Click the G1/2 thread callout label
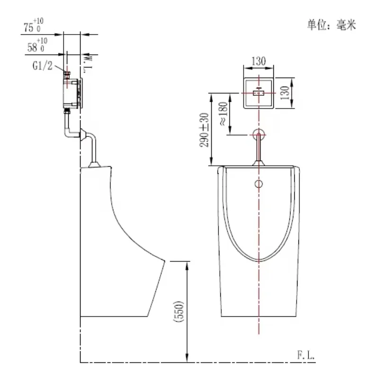point(43,65)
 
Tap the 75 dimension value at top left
point(28,27)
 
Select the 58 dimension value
point(32,47)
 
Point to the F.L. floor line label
point(306,355)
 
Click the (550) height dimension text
point(179,311)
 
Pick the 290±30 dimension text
point(204,130)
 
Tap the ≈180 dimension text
point(223,114)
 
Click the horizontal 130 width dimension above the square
point(259,61)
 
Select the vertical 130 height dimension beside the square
point(285,92)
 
